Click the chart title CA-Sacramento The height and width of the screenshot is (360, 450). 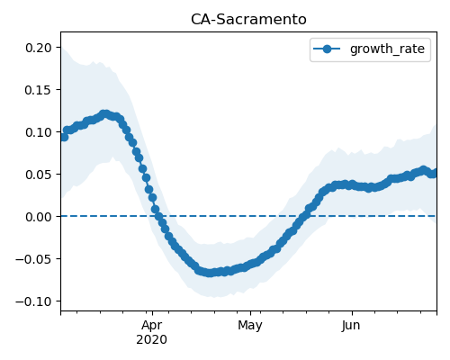pos(248,20)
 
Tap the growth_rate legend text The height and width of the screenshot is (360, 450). pos(387,49)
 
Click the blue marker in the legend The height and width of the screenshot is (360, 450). pos(327,49)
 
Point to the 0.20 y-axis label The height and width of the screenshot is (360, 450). pos(38,48)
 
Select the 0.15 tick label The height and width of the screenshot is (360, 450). pos(38,90)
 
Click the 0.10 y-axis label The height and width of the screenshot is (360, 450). pos(38,132)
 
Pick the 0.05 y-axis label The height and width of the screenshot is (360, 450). pos(38,175)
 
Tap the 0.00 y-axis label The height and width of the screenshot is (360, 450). pos(38,217)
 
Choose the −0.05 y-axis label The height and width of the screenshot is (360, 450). pos(33,259)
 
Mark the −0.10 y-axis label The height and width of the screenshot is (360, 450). pos(33,301)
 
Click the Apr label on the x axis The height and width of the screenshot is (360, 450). pos(152,326)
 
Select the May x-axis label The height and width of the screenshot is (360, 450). pos(250,326)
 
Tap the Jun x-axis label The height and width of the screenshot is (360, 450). pos(351,326)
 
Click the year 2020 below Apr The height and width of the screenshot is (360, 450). pos(152,340)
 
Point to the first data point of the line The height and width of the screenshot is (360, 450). pos(64,137)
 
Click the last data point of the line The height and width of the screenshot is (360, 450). pos(434,173)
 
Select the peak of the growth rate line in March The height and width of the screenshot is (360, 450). pos(104,114)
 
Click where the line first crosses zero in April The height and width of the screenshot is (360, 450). pos(158,216)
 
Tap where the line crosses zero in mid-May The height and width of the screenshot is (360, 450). pos(303,216)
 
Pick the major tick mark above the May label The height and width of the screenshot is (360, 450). pos(250,313)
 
